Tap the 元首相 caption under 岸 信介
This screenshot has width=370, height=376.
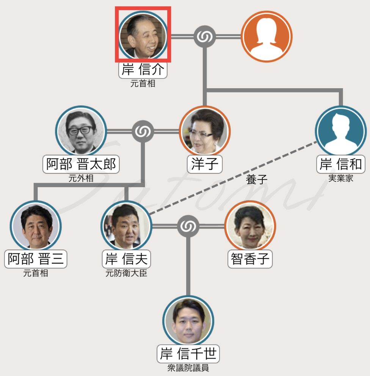(x=143, y=83)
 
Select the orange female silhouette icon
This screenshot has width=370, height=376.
(x=267, y=36)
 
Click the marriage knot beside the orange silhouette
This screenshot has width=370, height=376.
(x=205, y=36)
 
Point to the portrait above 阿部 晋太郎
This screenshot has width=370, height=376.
(x=81, y=131)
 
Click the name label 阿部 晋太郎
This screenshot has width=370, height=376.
(x=81, y=164)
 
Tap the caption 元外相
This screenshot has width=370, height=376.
(x=81, y=178)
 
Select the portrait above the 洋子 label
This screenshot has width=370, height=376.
(x=205, y=131)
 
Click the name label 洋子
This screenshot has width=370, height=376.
(x=205, y=164)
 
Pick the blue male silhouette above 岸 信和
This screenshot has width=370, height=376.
(x=340, y=131)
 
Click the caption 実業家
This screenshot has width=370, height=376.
(x=340, y=178)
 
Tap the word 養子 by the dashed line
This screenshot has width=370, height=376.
(x=257, y=180)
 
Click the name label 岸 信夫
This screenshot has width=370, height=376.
(x=126, y=259)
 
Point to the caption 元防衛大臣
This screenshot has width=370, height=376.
(x=126, y=273)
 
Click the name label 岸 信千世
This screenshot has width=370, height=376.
(x=188, y=354)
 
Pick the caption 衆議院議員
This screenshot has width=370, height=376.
(x=188, y=368)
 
